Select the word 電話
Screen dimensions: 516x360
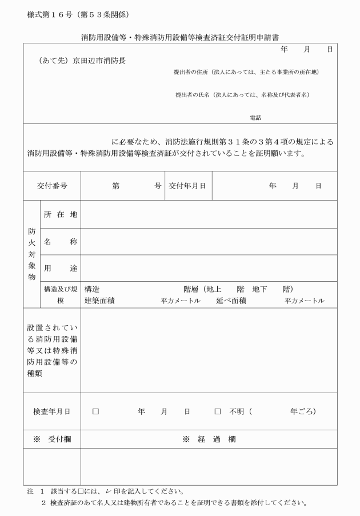(x=255, y=117)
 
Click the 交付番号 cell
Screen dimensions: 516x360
(x=52, y=186)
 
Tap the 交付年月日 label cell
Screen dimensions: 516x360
(x=187, y=186)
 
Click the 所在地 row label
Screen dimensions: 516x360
(x=60, y=214)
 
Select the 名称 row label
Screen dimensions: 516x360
(x=60, y=242)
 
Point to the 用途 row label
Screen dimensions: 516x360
(x=60, y=268)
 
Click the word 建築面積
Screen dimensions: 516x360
(x=99, y=301)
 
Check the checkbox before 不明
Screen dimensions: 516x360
(x=218, y=411)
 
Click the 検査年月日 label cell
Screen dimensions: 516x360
(x=52, y=411)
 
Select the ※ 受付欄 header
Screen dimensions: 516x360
(x=52, y=439)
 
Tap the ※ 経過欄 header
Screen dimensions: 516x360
(x=209, y=439)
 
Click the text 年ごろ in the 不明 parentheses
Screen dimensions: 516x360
(x=302, y=411)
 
